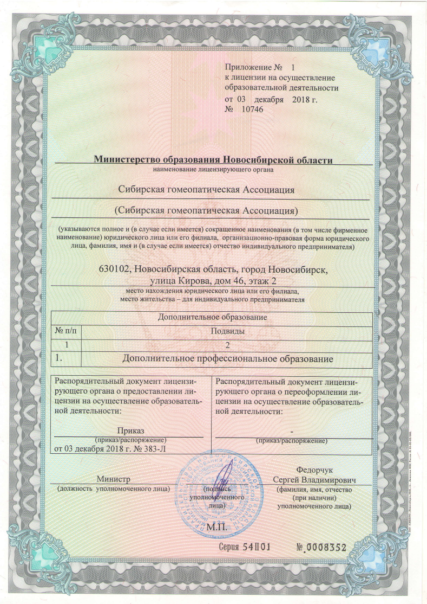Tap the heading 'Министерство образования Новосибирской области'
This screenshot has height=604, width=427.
(x=213, y=159)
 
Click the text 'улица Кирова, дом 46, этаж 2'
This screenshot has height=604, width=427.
(x=212, y=280)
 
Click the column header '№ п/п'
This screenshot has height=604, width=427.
(x=65, y=330)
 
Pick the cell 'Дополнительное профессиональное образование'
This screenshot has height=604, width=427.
(x=227, y=358)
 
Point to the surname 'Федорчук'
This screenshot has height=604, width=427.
(x=314, y=470)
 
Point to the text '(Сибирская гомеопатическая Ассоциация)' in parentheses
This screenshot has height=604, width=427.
(x=208, y=210)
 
